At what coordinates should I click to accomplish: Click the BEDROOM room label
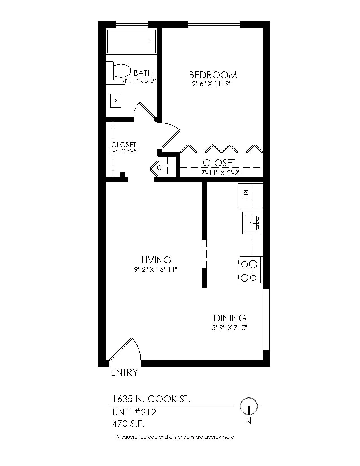(x=213, y=75)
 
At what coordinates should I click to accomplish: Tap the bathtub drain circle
(x=149, y=42)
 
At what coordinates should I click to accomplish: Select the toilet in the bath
(x=118, y=71)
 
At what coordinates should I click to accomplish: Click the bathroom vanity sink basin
(x=115, y=101)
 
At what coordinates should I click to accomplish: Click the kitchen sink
(x=251, y=223)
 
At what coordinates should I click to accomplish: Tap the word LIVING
(x=156, y=260)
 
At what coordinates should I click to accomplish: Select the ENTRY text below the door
(x=124, y=372)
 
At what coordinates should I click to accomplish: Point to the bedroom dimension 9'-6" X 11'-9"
(x=212, y=84)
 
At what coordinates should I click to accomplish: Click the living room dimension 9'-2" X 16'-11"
(x=156, y=269)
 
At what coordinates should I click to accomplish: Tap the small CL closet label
(x=161, y=168)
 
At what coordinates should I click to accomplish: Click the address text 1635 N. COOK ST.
(x=151, y=399)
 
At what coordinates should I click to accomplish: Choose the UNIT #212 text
(x=134, y=412)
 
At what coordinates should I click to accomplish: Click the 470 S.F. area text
(x=128, y=424)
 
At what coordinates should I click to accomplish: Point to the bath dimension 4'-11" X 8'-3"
(x=139, y=81)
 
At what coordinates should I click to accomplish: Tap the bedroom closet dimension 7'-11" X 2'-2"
(x=221, y=173)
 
